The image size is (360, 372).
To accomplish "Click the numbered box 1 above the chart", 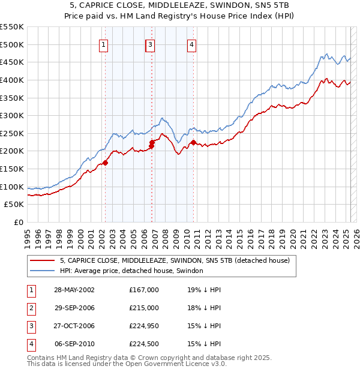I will pos(104,44).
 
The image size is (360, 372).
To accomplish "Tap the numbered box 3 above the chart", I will pos(150,44).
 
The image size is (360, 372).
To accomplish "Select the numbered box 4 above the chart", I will pos(191,44).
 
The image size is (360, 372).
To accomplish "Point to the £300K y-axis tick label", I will pos(12,115).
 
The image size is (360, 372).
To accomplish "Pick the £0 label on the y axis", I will pos(19,222).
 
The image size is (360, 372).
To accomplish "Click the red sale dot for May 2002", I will pos(105,162).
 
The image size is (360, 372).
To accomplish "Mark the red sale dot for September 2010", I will pos(194,142).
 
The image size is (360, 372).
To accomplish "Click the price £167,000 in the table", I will pos(144,290).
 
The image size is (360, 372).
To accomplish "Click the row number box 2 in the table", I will pos(31,308).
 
